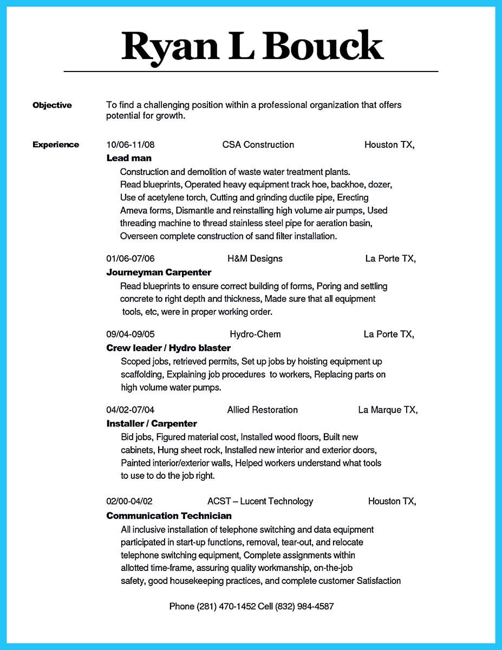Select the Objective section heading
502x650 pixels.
pyautogui.click(x=52, y=105)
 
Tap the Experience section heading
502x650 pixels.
pyautogui.click(x=56, y=145)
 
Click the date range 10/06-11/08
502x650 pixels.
pyautogui.click(x=131, y=145)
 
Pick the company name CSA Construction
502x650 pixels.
pyautogui.click(x=258, y=145)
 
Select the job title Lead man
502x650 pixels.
pyautogui.click(x=129, y=158)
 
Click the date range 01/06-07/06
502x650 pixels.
pyautogui.click(x=131, y=258)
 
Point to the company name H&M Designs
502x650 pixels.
pyautogui.click(x=255, y=258)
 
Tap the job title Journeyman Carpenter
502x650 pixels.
pyautogui.click(x=159, y=272)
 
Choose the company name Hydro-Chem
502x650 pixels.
pyautogui.click(x=255, y=334)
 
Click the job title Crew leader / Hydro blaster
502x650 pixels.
pyautogui.click(x=168, y=348)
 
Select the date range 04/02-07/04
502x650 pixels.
pyautogui.click(x=131, y=410)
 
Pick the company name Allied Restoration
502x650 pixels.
pyautogui.click(x=262, y=410)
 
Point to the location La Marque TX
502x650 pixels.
pyautogui.click(x=387, y=410)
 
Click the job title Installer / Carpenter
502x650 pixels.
pyautogui.click(x=152, y=424)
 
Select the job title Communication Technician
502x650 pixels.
pyautogui.click(x=169, y=516)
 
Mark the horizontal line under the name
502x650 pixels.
pyautogui.click(x=251, y=71)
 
